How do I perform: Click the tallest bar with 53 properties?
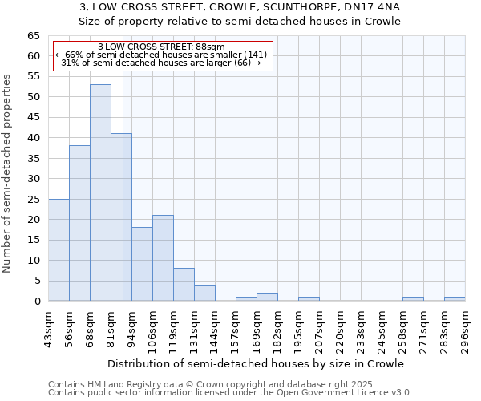pos(100,192)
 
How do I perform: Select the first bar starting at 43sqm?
pos(59,249)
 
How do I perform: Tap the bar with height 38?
pos(79,223)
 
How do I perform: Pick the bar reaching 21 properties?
pos(163,257)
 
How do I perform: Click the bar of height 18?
pos(142,264)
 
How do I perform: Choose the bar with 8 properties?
pos(184,284)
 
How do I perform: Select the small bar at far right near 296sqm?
pos(455,299)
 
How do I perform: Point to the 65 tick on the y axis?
pos(33,36)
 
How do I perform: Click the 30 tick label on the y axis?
pos(33,179)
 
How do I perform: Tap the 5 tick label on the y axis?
pos(36,281)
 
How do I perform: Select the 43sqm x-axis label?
pos(48,328)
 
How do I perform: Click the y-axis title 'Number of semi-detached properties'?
pos(8,173)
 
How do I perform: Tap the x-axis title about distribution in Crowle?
pos(256,363)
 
